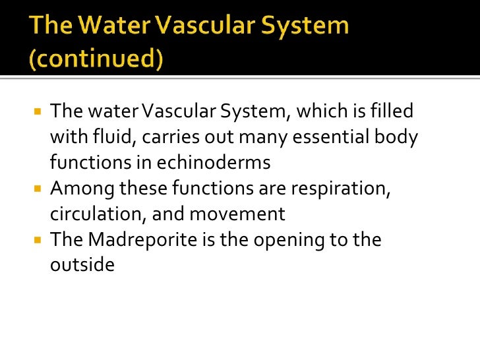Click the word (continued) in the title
pyautogui.click(x=95, y=59)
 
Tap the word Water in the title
pyautogui.click(x=110, y=26)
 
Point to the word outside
pyautogui.click(x=82, y=265)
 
